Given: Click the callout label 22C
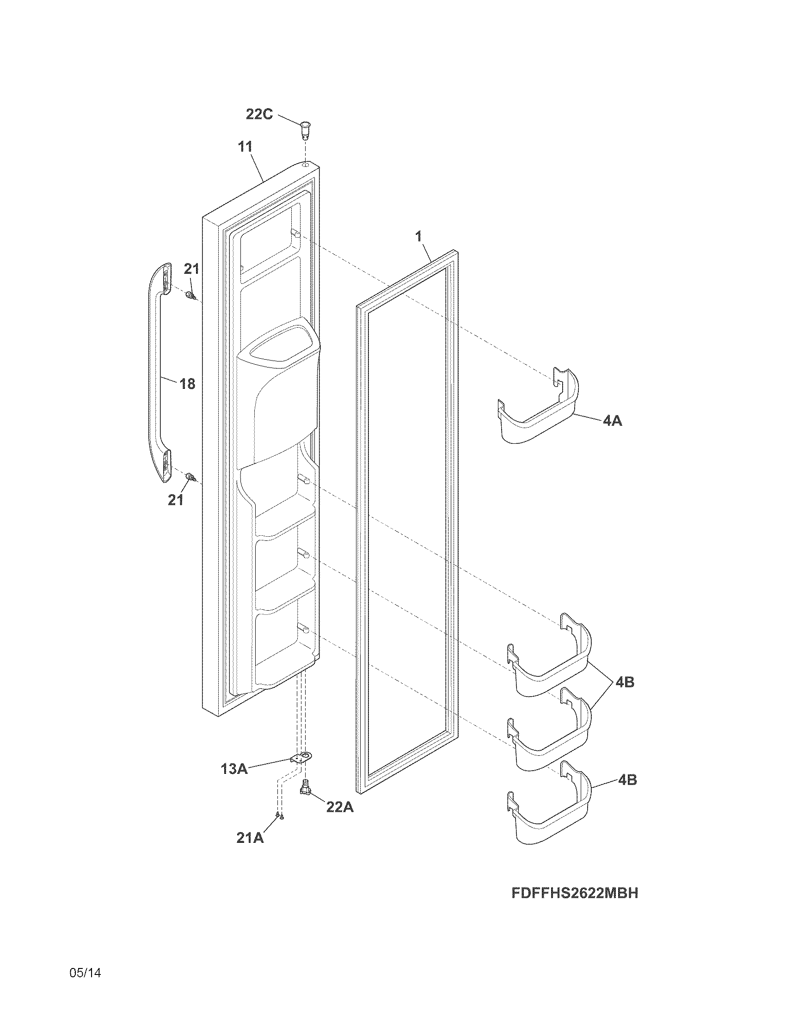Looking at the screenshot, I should coord(259,114).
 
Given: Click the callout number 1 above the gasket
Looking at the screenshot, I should coord(418,236).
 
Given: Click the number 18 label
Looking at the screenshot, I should coord(187,384).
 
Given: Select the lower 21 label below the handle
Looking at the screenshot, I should coord(176,500).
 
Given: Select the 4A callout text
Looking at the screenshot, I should coord(612,421).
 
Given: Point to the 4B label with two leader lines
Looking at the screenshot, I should coord(625,683).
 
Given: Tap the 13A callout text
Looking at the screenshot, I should coord(234,769).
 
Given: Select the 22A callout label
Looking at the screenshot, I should coord(339,807).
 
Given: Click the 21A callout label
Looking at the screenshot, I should coord(250,838).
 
